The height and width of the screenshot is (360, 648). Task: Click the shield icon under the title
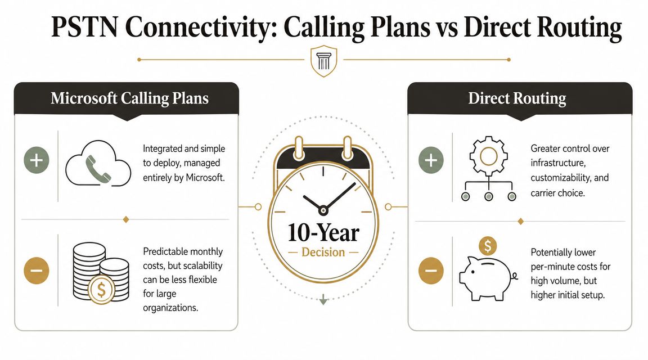[x=323, y=61]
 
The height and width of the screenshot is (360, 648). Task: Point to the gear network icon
[x=488, y=169]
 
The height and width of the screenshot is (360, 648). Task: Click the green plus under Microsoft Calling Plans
[x=37, y=160]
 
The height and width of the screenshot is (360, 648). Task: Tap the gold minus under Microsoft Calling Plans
[x=37, y=271]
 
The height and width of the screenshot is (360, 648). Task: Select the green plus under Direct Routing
[x=431, y=160]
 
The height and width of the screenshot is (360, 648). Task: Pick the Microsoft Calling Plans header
[x=129, y=98]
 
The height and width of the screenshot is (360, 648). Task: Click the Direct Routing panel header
[x=517, y=98]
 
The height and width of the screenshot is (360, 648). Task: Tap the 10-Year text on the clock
[x=323, y=232]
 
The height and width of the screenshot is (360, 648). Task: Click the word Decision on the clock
[x=323, y=252]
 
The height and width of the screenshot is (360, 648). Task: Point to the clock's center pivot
[x=323, y=210]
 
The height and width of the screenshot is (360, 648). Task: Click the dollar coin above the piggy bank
[x=487, y=246]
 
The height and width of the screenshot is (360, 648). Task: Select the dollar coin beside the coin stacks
[x=101, y=290]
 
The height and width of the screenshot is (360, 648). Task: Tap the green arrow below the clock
[x=323, y=301]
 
